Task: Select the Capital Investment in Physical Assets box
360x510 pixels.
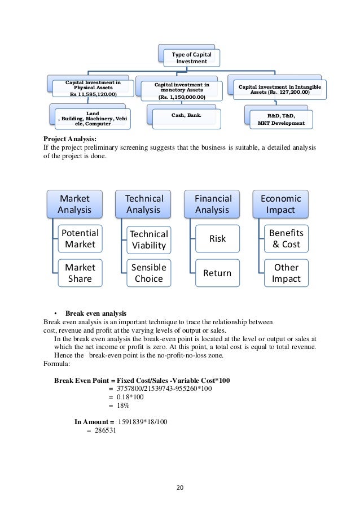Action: pos(93,89)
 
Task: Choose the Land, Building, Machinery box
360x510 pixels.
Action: pos(92,119)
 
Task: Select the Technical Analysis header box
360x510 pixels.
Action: pos(144,204)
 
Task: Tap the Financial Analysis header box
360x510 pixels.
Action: pos(213,204)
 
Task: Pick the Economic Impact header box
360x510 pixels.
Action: pos(280,204)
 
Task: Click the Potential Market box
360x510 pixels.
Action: pos(80,239)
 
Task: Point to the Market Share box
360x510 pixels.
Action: pos(80,273)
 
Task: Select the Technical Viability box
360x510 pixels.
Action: pos(149,239)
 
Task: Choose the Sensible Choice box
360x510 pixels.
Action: pos(149,273)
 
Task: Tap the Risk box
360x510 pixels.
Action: pos(217,239)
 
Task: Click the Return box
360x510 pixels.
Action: pos(217,273)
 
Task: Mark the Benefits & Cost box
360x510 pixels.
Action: pos(286,239)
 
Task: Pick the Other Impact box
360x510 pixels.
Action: pos(286,273)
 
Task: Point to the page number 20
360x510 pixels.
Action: pos(180,488)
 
